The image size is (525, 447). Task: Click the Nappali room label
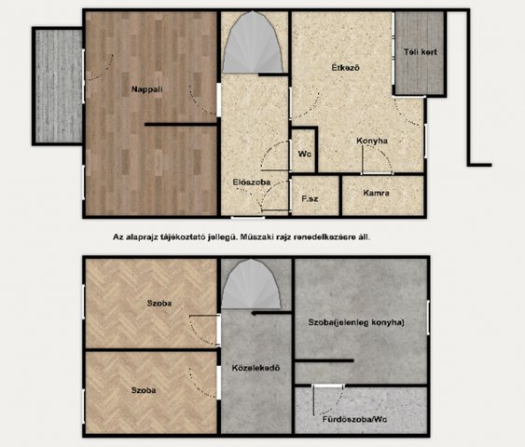coord(147,89)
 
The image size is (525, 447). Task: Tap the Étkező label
coord(346,68)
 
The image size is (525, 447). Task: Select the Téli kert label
coord(421,52)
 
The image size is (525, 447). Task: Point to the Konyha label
coord(372,141)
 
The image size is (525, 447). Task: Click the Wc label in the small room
coord(304,155)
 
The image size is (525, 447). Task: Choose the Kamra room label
coord(376,193)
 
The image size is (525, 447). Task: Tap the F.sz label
coord(310,199)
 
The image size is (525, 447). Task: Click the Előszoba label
coord(252,183)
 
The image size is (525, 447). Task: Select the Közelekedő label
coord(256,368)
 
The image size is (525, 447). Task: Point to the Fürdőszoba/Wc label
coord(355,419)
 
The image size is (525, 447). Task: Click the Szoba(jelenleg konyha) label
coord(356,322)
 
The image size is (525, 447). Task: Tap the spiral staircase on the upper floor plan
coord(253,43)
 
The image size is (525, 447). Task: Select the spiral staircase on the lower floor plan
coord(251,284)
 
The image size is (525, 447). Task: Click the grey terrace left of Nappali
coord(59,86)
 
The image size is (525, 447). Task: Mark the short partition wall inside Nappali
coord(181,125)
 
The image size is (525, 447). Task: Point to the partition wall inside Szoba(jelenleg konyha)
coord(325,360)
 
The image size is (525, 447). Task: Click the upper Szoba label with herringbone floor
coord(159,304)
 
